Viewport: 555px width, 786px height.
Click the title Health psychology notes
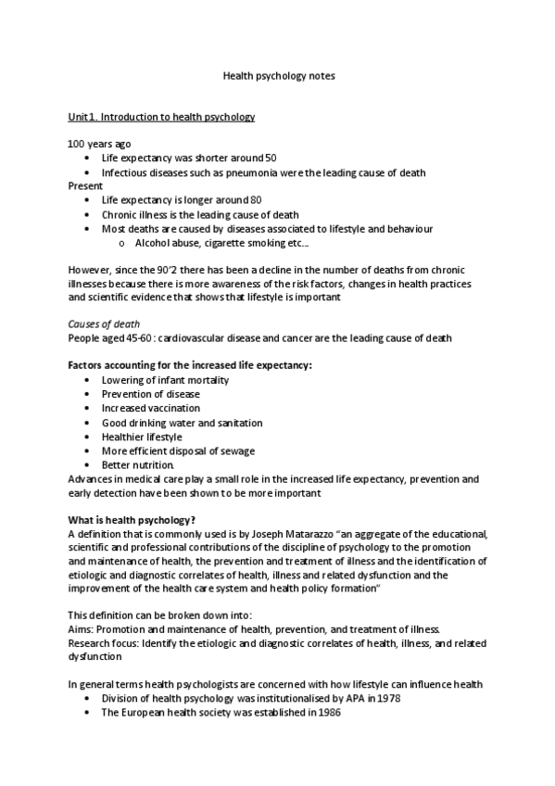point(279,76)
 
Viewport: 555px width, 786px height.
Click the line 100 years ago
point(99,144)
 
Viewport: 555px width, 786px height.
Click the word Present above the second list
point(85,185)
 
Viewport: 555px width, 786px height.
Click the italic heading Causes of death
point(105,323)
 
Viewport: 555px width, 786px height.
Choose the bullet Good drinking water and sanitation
point(182,423)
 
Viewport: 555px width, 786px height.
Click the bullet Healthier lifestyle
point(142,437)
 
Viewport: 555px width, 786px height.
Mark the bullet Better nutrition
point(138,464)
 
